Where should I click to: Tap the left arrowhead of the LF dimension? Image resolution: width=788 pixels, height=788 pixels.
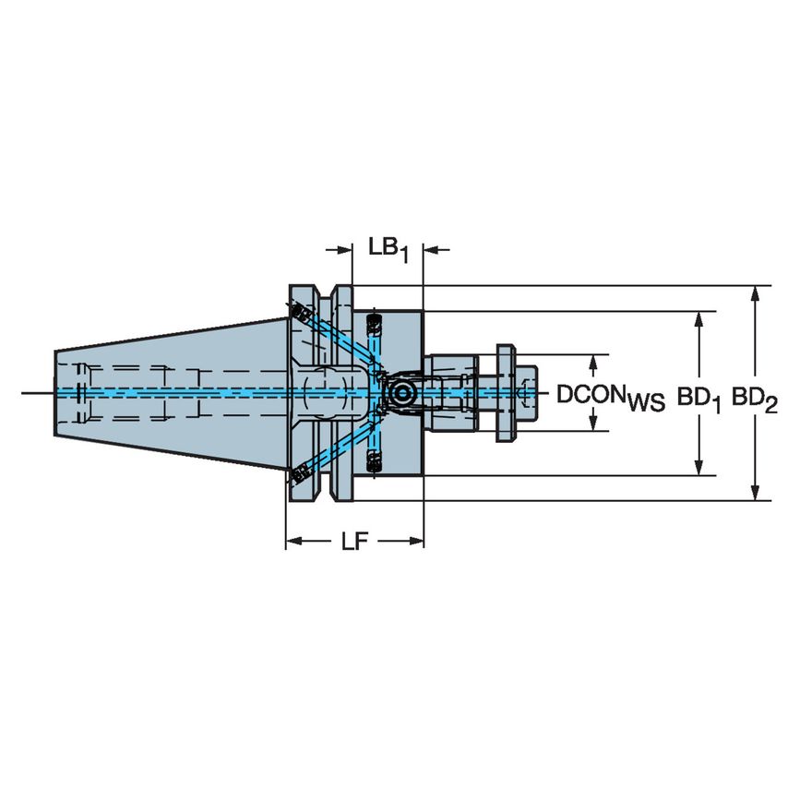point(293,542)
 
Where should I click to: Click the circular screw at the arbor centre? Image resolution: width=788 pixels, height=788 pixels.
point(401,394)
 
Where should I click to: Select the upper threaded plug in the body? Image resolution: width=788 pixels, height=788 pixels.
point(374,324)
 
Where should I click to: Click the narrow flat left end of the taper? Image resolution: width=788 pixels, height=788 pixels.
point(55,394)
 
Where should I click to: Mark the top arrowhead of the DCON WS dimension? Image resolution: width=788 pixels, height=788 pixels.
point(592,361)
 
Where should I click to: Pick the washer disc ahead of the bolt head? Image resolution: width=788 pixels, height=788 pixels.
point(505,394)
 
